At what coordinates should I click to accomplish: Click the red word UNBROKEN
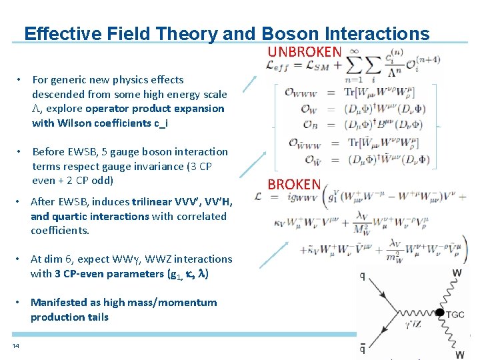(x=305, y=51)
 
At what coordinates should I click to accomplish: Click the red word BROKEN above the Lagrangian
(x=294, y=184)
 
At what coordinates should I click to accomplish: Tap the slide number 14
(x=15, y=345)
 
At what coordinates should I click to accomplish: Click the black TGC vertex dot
(x=439, y=312)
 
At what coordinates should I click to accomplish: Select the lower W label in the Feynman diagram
(x=459, y=355)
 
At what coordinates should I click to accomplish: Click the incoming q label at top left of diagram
(x=362, y=275)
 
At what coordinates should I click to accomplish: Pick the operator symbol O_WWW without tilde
(x=301, y=92)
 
